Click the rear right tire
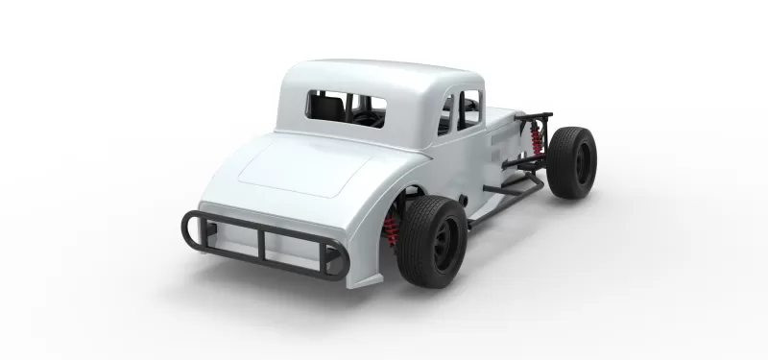tap(433, 242)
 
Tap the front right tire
tap(572, 162)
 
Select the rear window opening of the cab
tap(346, 108)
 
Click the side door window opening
tap(460, 110)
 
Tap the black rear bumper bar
tap(265, 245)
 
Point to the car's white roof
tap(374, 77)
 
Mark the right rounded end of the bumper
tap(336, 261)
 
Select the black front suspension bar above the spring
tap(533, 119)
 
